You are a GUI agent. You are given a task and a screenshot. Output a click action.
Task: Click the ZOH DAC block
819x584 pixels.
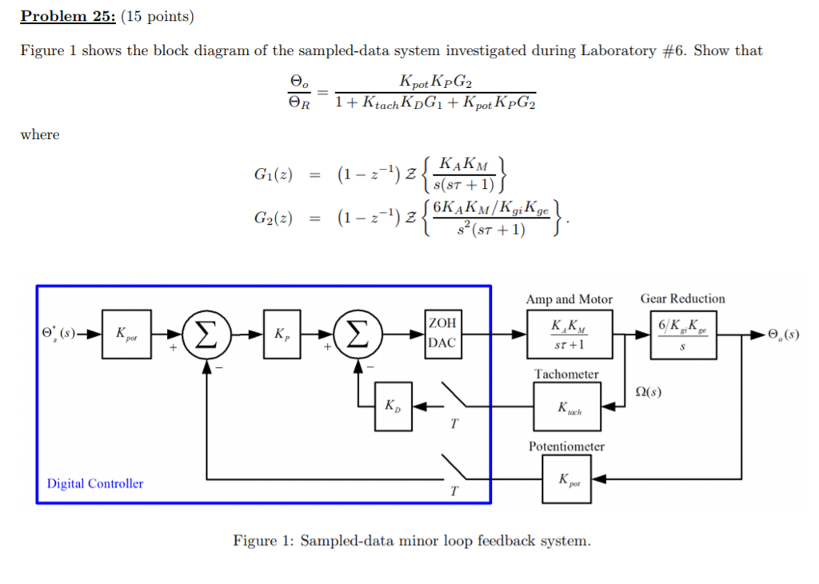click(x=441, y=334)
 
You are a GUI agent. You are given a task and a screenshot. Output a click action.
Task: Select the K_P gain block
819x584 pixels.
click(x=282, y=334)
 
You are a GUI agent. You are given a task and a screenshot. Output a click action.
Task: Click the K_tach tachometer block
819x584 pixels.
click(x=567, y=406)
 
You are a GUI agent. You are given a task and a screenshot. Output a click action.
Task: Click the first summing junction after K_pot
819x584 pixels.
click(x=206, y=334)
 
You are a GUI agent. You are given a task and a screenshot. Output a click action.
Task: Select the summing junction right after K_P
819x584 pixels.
click(x=359, y=334)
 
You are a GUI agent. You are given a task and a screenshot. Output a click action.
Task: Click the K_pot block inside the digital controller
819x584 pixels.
click(x=126, y=334)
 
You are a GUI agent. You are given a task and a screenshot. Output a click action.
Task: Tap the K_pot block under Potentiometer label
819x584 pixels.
click(x=567, y=478)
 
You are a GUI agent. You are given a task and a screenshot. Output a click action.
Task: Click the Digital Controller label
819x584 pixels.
click(x=95, y=483)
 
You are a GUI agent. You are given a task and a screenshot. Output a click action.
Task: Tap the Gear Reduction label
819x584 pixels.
click(x=682, y=298)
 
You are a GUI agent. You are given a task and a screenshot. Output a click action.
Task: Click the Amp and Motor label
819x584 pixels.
click(x=569, y=298)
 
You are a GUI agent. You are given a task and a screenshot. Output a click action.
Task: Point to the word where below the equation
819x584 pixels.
click(x=39, y=134)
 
